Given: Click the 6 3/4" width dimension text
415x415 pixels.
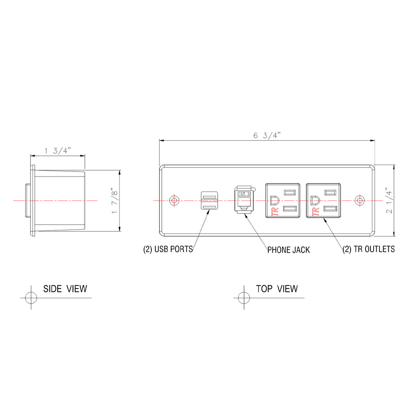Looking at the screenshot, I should point(266,135).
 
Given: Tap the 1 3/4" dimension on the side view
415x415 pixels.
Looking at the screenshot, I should point(58,151).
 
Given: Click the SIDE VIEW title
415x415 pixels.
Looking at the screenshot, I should point(65,289).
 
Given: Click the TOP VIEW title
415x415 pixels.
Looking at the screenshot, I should point(277,289).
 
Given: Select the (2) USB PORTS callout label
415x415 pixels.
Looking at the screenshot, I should point(168,249).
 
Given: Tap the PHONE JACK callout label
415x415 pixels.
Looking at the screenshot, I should point(289,250).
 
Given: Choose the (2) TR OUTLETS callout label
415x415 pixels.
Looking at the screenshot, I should point(369,249).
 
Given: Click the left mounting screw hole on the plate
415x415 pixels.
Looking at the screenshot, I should point(174,200).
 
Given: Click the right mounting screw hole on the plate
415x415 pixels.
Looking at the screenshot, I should point(360,200).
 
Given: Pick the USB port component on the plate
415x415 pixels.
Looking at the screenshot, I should point(209,201).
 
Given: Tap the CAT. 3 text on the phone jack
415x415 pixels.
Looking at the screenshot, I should point(244,194).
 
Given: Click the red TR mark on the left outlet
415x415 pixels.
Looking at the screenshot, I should point(275,211).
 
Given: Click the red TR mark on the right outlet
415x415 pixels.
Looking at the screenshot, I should point(315,211).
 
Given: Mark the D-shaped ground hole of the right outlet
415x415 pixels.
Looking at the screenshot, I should point(315,200).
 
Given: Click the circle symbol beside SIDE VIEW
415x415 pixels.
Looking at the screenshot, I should point(31,298).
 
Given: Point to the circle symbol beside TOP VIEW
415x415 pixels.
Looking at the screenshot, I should point(244,298).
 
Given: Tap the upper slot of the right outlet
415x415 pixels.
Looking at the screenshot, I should point(330,192).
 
